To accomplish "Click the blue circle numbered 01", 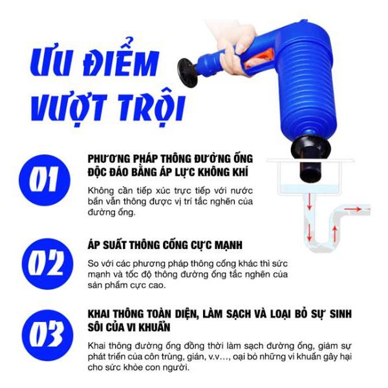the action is (x=45, y=180).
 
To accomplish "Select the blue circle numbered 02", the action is (x=47, y=264).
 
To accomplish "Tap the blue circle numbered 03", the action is (x=47, y=335).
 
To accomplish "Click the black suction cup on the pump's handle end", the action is (x=188, y=72).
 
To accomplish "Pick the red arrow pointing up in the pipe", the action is (x=335, y=234).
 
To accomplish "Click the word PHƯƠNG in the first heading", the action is (x=109, y=158).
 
